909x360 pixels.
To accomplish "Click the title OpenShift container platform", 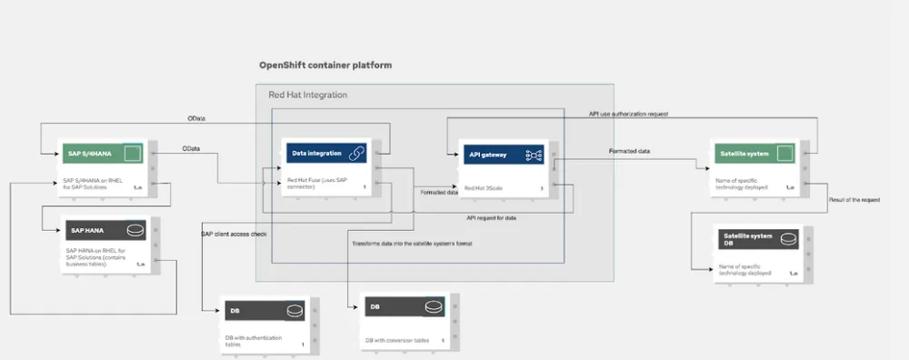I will coord(325,66).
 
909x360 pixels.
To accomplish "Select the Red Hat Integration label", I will coord(307,95).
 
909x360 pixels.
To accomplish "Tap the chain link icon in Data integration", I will coord(357,154).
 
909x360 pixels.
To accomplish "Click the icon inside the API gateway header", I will coord(534,155).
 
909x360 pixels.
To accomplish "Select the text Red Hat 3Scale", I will coord(483,188).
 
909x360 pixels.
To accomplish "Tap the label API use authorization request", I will coord(628,115).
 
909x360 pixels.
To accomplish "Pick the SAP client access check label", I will coord(234,234).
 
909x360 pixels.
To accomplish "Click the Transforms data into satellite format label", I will coord(412,244).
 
